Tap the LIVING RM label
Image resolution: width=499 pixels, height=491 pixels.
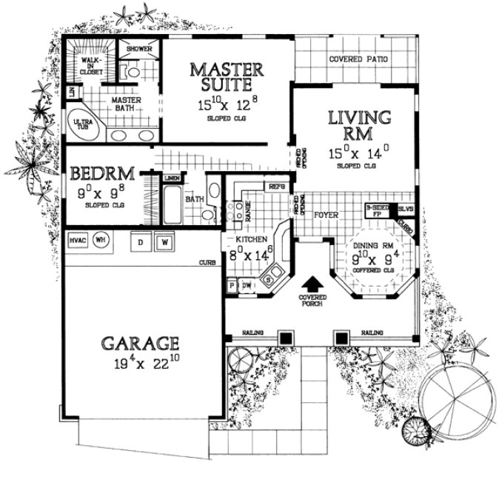pyautogui.click(x=359, y=126)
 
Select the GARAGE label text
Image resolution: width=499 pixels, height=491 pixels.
pyautogui.click(x=140, y=343)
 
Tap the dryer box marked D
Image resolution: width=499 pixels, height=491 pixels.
pyautogui.click(x=140, y=241)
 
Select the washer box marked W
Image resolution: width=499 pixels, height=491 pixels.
pyautogui.click(x=165, y=241)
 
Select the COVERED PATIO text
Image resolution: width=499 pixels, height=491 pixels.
pyautogui.click(x=358, y=60)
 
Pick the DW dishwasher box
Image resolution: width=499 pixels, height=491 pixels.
pyautogui.click(x=247, y=284)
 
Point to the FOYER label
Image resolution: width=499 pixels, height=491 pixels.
pyautogui.click(x=326, y=216)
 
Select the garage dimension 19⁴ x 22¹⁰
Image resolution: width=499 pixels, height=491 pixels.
pyautogui.click(x=140, y=364)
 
